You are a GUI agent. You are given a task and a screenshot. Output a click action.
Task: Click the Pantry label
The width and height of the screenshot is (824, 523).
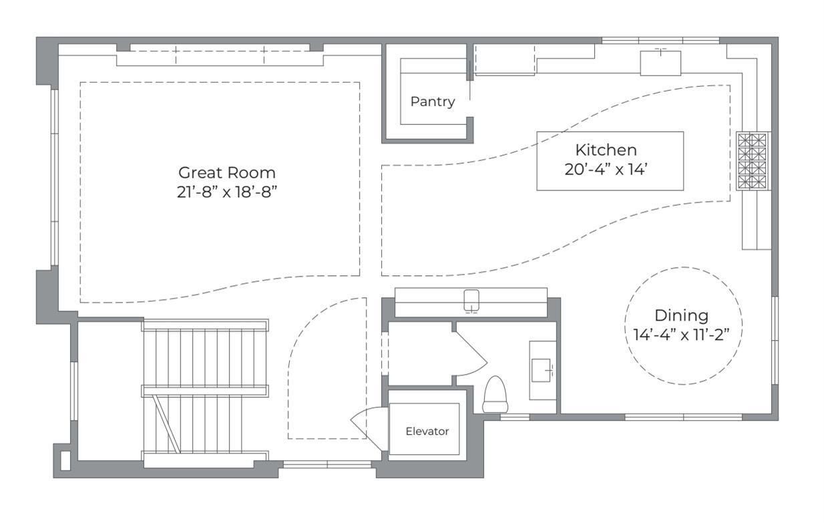pyautogui.click(x=432, y=102)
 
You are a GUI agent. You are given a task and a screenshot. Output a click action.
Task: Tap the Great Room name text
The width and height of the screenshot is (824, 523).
pyautogui.click(x=226, y=172)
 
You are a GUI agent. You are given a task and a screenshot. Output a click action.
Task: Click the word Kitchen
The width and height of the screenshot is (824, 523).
pyautogui.click(x=606, y=150)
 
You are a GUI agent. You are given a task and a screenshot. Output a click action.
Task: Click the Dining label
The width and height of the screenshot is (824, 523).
pyautogui.click(x=681, y=315)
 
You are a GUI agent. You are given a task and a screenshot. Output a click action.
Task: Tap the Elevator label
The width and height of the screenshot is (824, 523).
pyautogui.click(x=427, y=431)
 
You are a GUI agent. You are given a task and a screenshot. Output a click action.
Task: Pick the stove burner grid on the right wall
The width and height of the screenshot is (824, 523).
pyautogui.click(x=753, y=161)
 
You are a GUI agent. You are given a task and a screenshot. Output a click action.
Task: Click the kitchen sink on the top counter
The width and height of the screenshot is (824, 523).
pyautogui.click(x=660, y=62)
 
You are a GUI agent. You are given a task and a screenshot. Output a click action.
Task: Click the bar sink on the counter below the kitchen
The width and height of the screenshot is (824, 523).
pyautogui.click(x=472, y=301)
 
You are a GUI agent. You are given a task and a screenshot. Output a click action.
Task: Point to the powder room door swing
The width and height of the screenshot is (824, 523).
pyautogui.click(x=473, y=354)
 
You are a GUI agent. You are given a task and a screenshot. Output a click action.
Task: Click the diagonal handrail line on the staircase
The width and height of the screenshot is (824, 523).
pyautogui.click(x=166, y=423)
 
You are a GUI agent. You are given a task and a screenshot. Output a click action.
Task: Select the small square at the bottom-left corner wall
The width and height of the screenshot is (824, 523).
pyautogui.click(x=65, y=460)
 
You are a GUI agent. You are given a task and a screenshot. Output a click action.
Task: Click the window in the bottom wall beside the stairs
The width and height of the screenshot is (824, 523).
pyautogui.click(x=327, y=464)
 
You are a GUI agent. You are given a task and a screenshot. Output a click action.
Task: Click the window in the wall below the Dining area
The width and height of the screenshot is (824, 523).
pyautogui.click(x=683, y=417)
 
